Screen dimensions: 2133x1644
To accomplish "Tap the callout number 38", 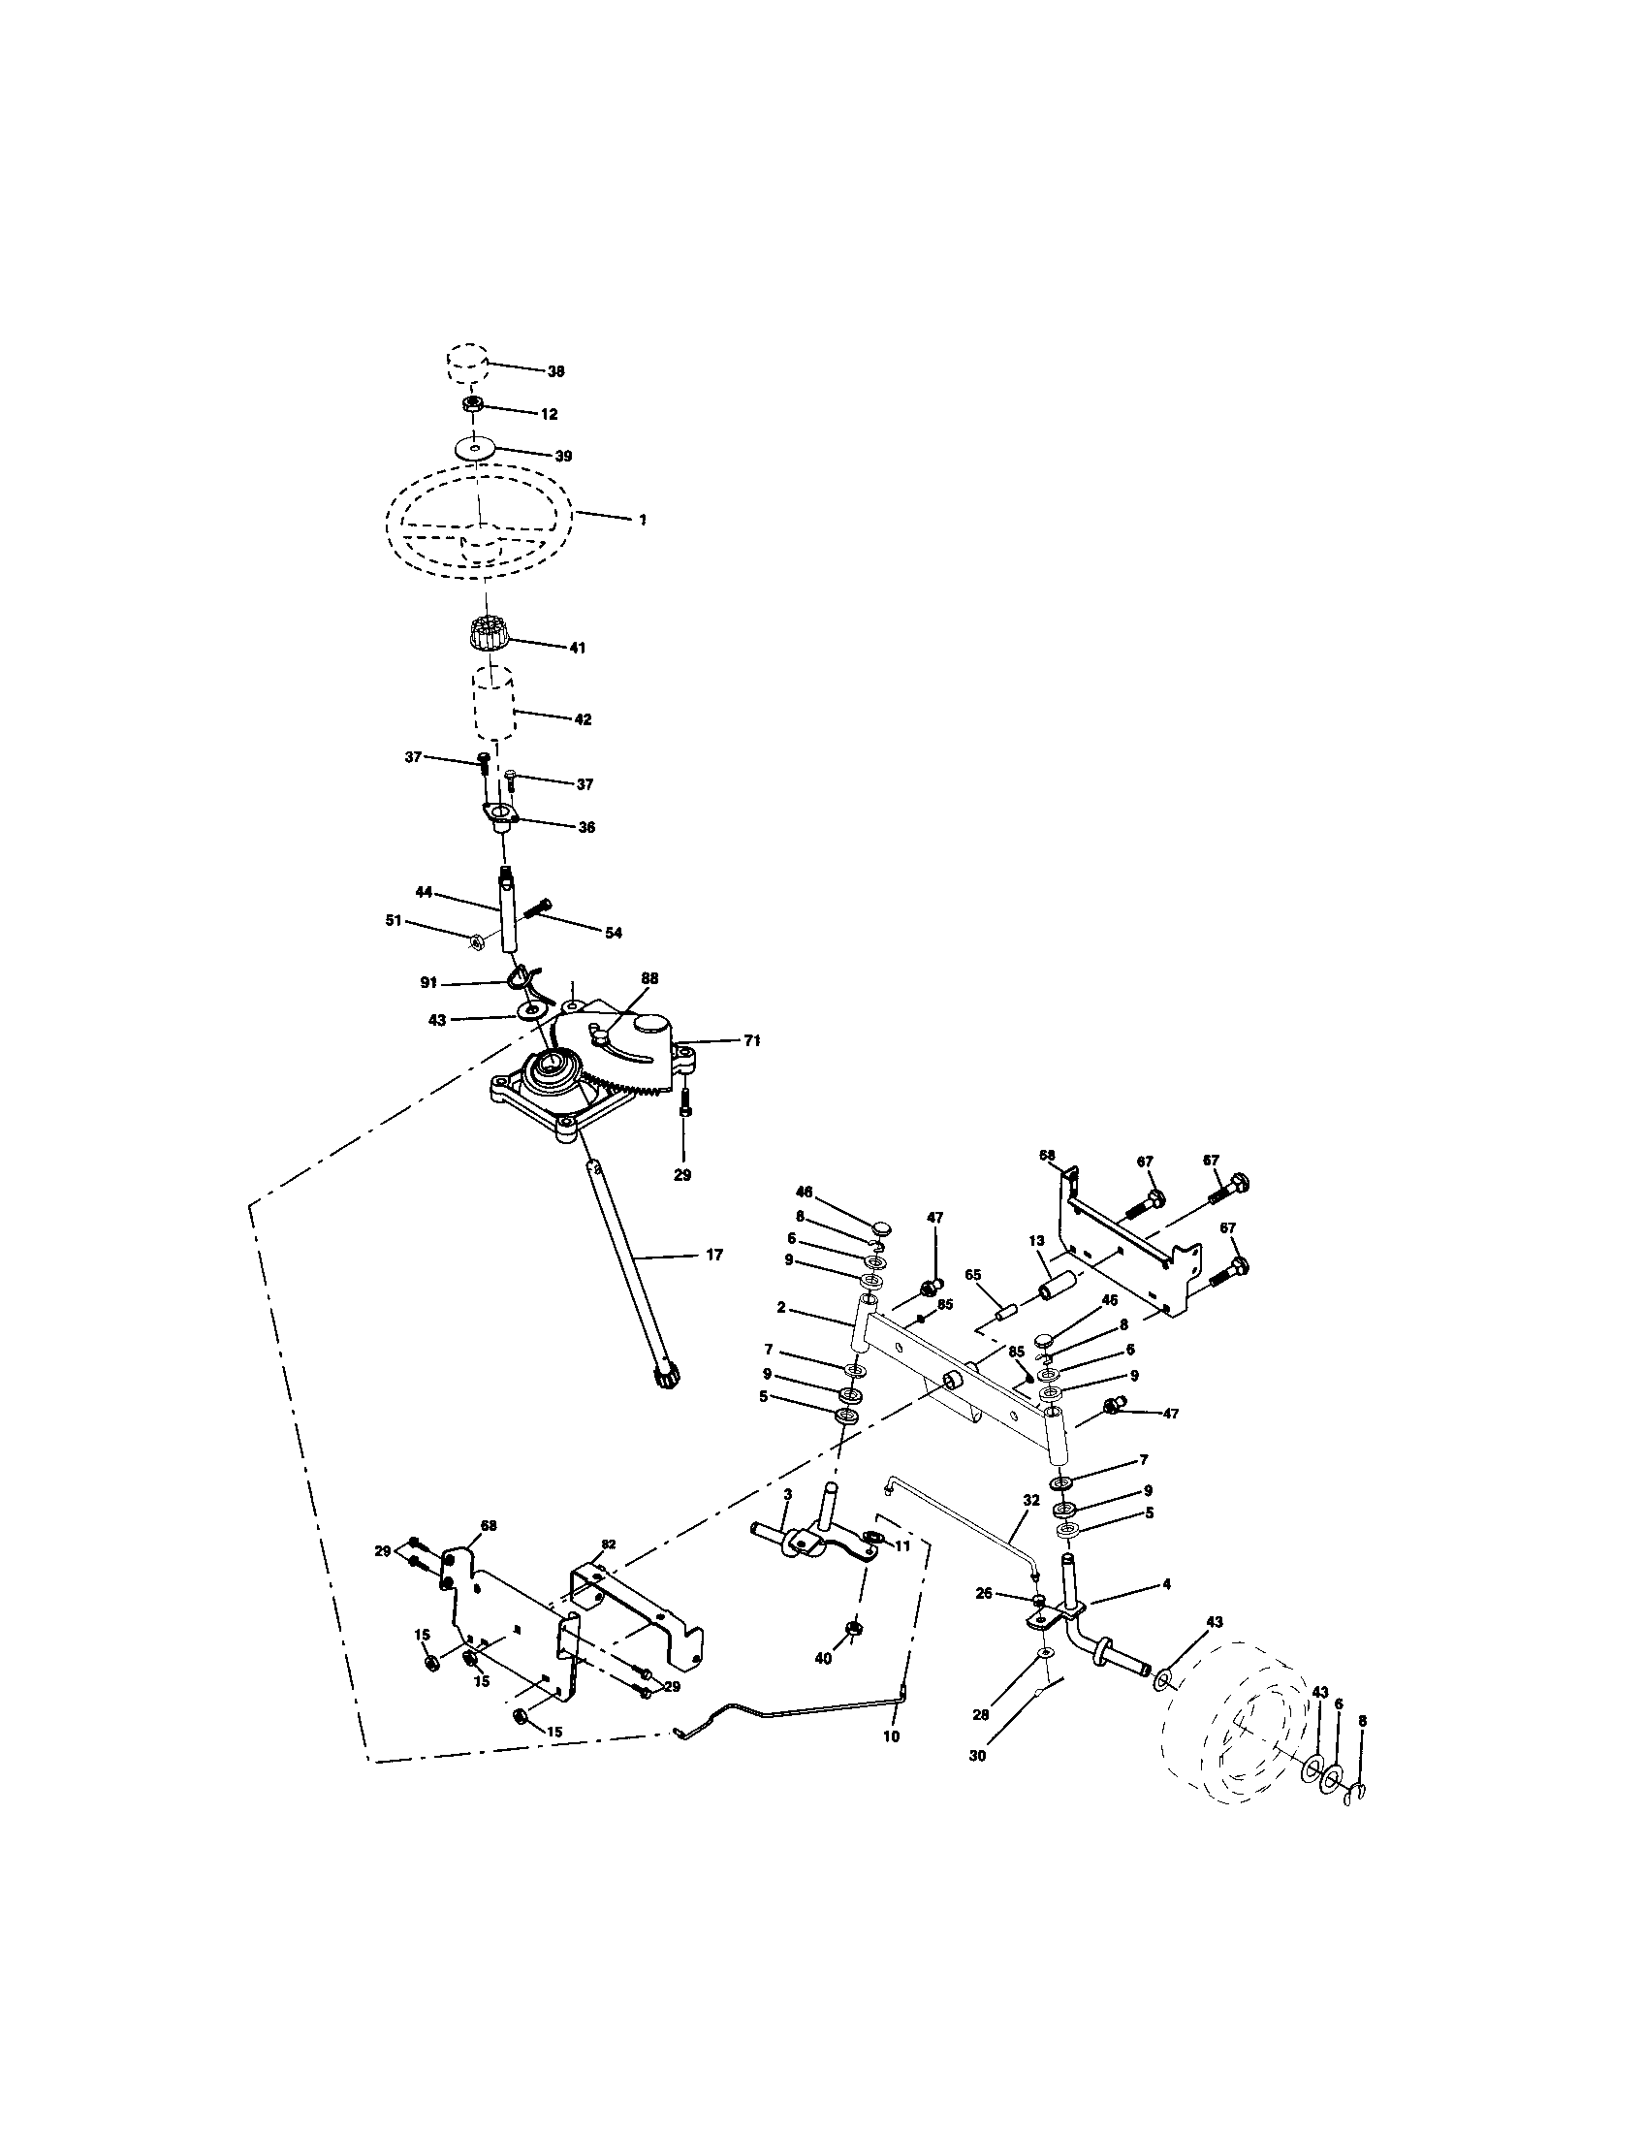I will [555, 372].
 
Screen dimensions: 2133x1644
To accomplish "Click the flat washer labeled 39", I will [474, 449].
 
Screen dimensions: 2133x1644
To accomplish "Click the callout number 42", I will [582, 718].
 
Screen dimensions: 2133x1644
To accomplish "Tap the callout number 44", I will [424, 893].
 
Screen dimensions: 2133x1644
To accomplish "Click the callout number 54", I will [612, 933].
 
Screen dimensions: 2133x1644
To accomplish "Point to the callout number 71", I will [750, 1041].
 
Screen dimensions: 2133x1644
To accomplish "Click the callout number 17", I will [713, 1255].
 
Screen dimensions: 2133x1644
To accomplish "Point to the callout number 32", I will [1032, 1523].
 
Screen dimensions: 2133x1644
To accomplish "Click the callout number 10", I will [890, 1737].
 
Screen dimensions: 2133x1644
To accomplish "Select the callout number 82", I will [608, 1544].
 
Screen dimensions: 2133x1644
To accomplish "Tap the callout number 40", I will [823, 1658].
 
